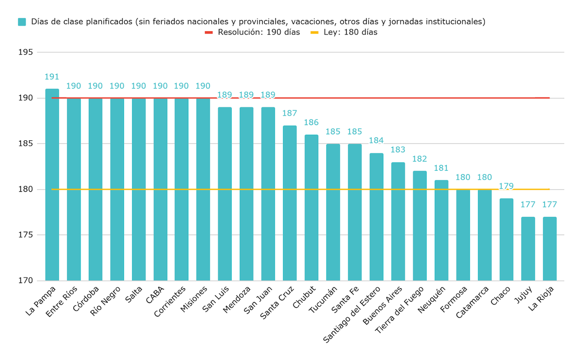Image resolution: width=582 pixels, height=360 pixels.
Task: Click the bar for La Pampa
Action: click(x=52, y=184)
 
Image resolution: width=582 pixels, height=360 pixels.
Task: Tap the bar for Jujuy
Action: click(x=528, y=248)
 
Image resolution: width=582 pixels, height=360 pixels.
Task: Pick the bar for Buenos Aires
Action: click(x=398, y=221)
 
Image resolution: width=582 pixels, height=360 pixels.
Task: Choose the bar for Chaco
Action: click(x=506, y=239)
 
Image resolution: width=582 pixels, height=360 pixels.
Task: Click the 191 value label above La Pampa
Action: click(x=52, y=77)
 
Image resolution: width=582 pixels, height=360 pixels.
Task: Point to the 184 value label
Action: click(x=376, y=141)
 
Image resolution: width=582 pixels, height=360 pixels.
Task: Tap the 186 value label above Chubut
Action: click(x=311, y=122)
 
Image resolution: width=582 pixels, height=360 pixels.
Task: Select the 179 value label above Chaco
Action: click(x=506, y=186)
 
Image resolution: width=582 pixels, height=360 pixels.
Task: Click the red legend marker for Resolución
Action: click(x=209, y=33)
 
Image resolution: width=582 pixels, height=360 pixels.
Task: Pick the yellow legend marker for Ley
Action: click(x=314, y=33)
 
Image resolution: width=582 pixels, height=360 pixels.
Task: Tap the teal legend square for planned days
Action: click(x=22, y=22)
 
